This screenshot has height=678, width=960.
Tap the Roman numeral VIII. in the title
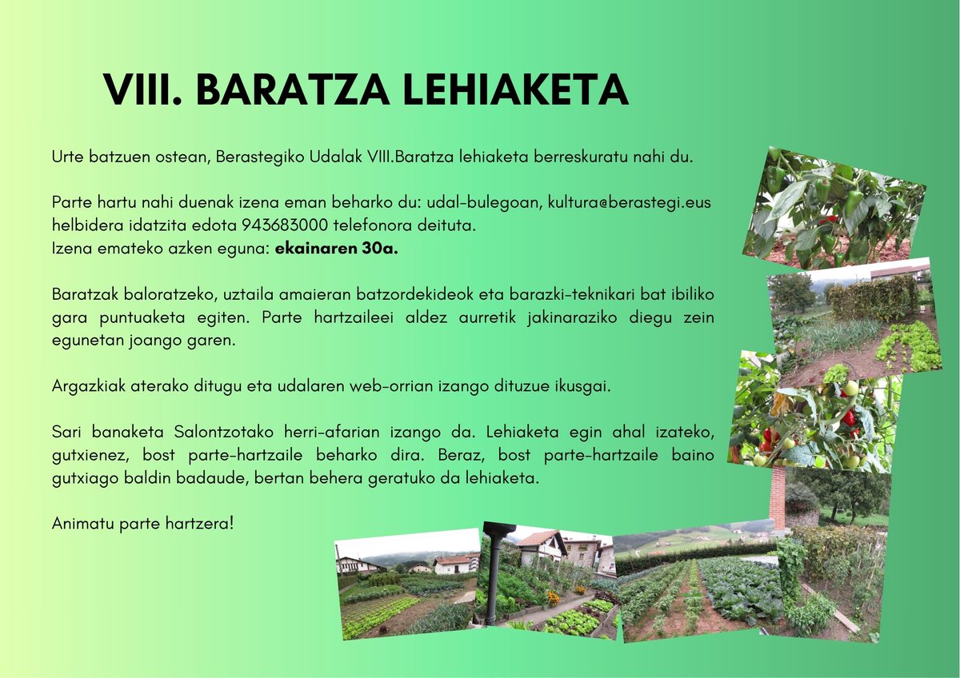(x=142, y=90)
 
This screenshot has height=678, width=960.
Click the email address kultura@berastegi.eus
(x=629, y=203)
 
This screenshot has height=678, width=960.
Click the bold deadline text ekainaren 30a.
(x=336, y=248)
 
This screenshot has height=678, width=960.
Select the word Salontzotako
(x=226, y=433)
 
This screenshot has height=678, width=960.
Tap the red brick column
(x=777, y=500)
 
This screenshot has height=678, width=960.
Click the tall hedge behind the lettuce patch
(x=872, y=298)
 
